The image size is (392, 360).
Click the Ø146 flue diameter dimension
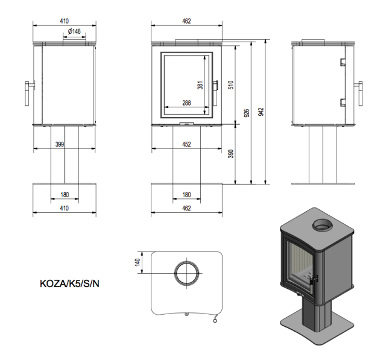(75, 31)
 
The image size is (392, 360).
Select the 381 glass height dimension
(200, 85)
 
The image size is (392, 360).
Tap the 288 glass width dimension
(186, 103)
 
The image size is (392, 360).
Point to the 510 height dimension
(230, 84)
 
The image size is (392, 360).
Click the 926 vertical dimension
(247, 112)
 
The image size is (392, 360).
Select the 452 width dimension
(186, 144)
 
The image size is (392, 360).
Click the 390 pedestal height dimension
(230, 154)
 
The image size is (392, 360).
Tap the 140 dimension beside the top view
(138, 262)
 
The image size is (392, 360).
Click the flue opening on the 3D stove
(320, 226)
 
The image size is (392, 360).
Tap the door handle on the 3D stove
(312, 279)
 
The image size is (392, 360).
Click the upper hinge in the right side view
(342, 62)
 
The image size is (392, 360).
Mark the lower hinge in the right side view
(342, 102)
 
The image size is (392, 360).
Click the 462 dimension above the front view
(186, 21)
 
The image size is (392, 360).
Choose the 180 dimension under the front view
(186, 195)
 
